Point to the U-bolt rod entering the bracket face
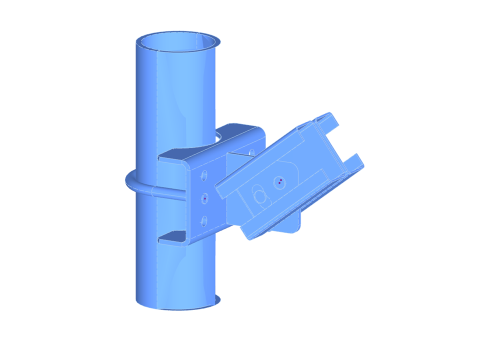[170, 195]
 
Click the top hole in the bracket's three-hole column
[204, 175]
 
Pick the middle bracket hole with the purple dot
[205, 198]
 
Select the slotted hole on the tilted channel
[259, 194]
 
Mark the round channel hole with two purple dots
[280, 182]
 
